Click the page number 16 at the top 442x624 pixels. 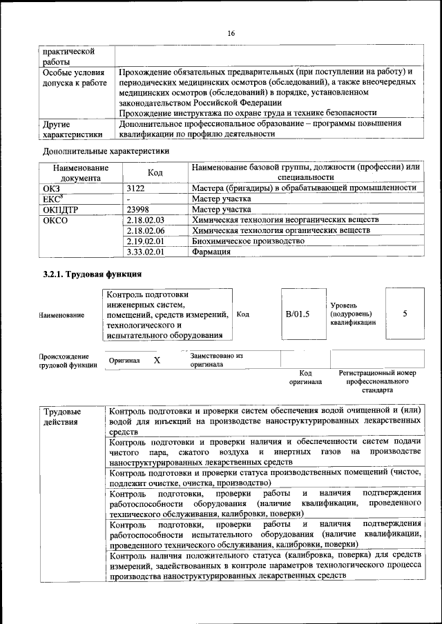[x=231, y=34]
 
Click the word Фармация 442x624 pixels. [x=211, y=252]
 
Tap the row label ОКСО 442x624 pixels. [x=56, y=221]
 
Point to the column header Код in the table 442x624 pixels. [x=155, y=172]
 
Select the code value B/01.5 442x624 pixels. [x=298, y=314]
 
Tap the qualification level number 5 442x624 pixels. [x=405, y=314]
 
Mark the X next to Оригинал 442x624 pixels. [x=157, y=360]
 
